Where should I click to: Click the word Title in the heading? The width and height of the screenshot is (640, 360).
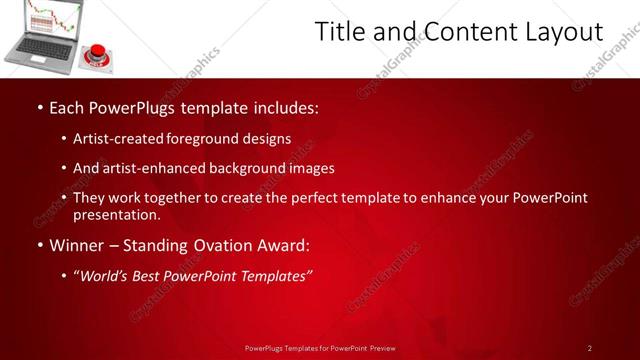(x=339, y=32)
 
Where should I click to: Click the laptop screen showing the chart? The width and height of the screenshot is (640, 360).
(x=49, y=17)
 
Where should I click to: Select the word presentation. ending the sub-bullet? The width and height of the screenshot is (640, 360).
(x=116, y=214)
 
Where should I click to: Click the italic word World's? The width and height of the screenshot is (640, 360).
(x=103, y=276)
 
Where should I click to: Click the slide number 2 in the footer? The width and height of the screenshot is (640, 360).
(x=590, y=348)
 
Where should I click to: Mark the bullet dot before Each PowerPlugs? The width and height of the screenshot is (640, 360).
(x=38, y=106)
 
